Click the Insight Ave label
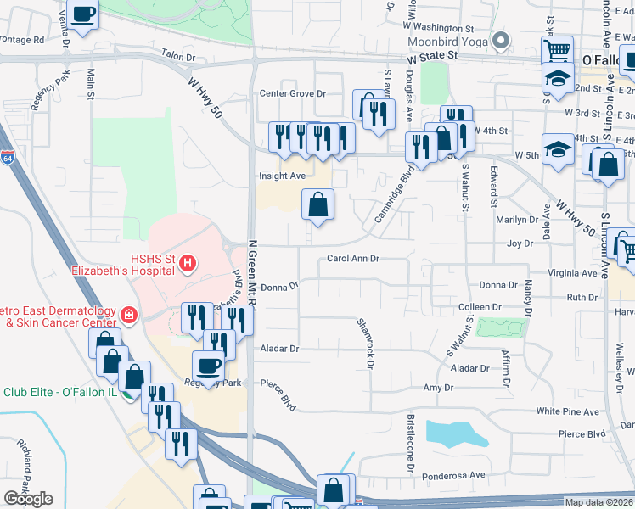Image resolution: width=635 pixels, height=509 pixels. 282,176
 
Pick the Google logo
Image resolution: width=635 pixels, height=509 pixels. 28,499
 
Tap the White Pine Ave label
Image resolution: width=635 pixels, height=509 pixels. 568,411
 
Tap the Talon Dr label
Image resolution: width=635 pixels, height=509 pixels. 178,57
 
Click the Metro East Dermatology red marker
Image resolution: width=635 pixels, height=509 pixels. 128,316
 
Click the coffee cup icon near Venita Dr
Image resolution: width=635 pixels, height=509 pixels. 84,14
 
